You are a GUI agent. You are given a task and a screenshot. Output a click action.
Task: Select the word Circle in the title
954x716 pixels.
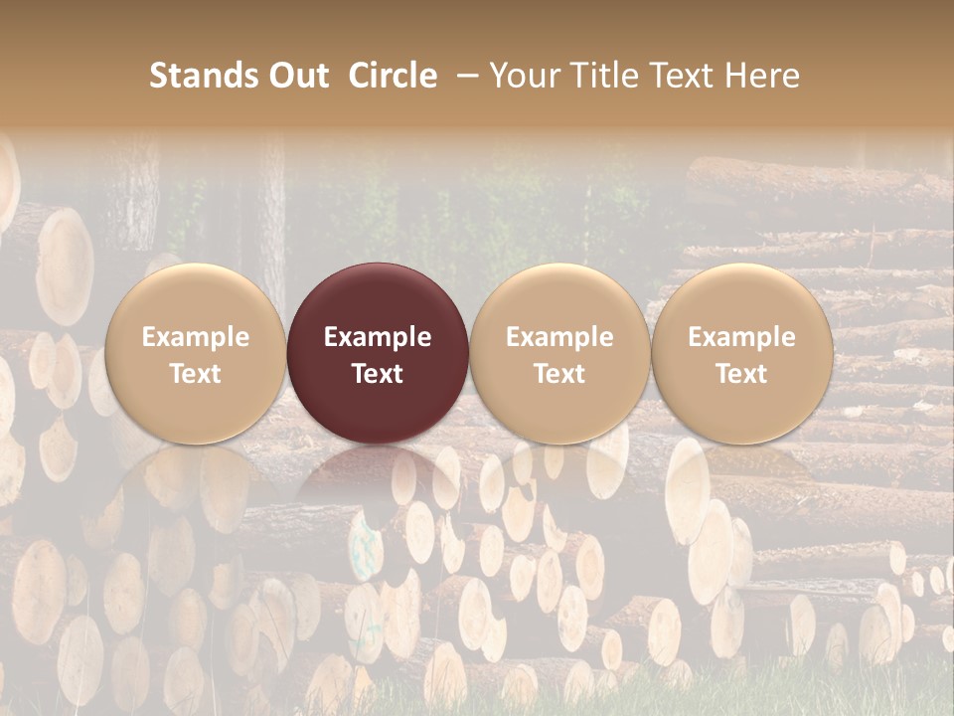(x=393, y=76)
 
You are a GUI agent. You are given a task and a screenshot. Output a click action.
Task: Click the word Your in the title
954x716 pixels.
(x=523, y=76)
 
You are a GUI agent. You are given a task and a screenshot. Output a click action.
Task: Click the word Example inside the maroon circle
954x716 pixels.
(x=378, y=337)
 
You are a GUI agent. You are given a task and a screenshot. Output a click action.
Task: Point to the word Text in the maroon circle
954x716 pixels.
(x=378, y=374)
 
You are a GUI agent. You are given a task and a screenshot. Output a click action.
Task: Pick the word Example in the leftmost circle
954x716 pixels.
(x=195, y=337)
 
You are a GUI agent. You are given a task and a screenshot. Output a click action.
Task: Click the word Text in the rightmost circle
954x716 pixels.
(x=741, y=374)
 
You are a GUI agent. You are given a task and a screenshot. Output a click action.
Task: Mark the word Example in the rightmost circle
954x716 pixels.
(x=741, y=337)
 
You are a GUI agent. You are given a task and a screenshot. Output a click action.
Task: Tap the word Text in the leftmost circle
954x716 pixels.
(x=195, y=374)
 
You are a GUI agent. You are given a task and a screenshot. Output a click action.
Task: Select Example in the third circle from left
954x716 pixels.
(x=559, y=337)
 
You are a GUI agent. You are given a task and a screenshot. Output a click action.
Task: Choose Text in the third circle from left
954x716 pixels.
(x=559, y=374)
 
